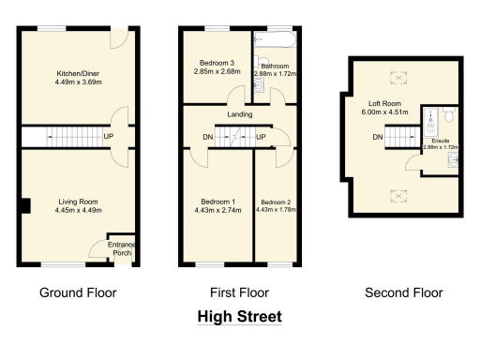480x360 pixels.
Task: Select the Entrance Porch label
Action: pos(122,248)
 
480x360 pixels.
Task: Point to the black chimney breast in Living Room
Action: pos(26,205)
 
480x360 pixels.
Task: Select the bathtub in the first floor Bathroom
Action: pos(275,40)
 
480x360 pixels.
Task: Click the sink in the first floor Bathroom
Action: pos(260,87)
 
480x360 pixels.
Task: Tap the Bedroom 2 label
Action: pos(277,202)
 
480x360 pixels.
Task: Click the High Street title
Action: pos(239,317)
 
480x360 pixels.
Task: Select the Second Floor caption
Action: pos(403,292)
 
